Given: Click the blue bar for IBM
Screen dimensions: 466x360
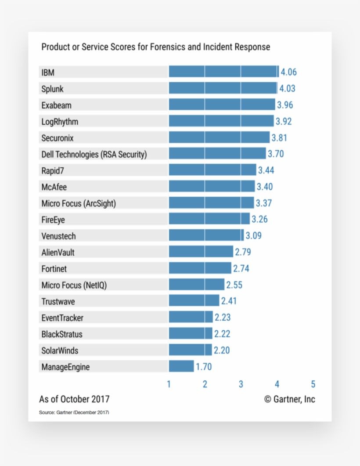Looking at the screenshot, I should (x=223, y=72).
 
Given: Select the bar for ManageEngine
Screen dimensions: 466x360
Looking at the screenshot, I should (x=181, y=366).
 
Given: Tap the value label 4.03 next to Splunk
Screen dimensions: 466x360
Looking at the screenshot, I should (x=287, y=89).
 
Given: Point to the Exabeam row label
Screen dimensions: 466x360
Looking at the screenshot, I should (x=56, y=105).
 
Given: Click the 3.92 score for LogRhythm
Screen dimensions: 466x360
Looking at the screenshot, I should (x=283, y=122).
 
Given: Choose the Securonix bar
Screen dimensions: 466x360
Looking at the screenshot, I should (x=219, y=138).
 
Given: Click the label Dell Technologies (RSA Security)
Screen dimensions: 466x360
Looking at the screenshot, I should (x=94, y=154).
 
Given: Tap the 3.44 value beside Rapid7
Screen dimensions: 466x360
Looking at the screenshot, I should (x=266, y=170).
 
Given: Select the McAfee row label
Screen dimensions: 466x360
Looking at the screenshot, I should (x=54, y=187).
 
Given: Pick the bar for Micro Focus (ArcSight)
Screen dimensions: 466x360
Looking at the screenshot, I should (x=211, y=203).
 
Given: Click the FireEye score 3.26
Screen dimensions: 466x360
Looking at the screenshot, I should (x=259, y=219).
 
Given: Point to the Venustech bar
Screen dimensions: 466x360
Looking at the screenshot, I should (x=206, y=235).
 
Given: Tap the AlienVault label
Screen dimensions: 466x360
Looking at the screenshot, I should (x=58, y=253).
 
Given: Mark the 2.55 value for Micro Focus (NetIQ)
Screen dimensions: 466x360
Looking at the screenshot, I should (x=234, y=285).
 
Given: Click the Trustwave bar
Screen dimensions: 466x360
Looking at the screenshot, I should (x=194, y=301).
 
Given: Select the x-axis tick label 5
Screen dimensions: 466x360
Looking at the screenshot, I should (x=313, y=385).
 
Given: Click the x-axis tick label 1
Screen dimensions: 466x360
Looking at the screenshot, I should (x=169, y=385).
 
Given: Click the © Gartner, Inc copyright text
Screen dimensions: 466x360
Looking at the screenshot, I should (x=289, y=399).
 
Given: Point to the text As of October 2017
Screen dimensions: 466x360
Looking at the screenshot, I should (x=74, y=399).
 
